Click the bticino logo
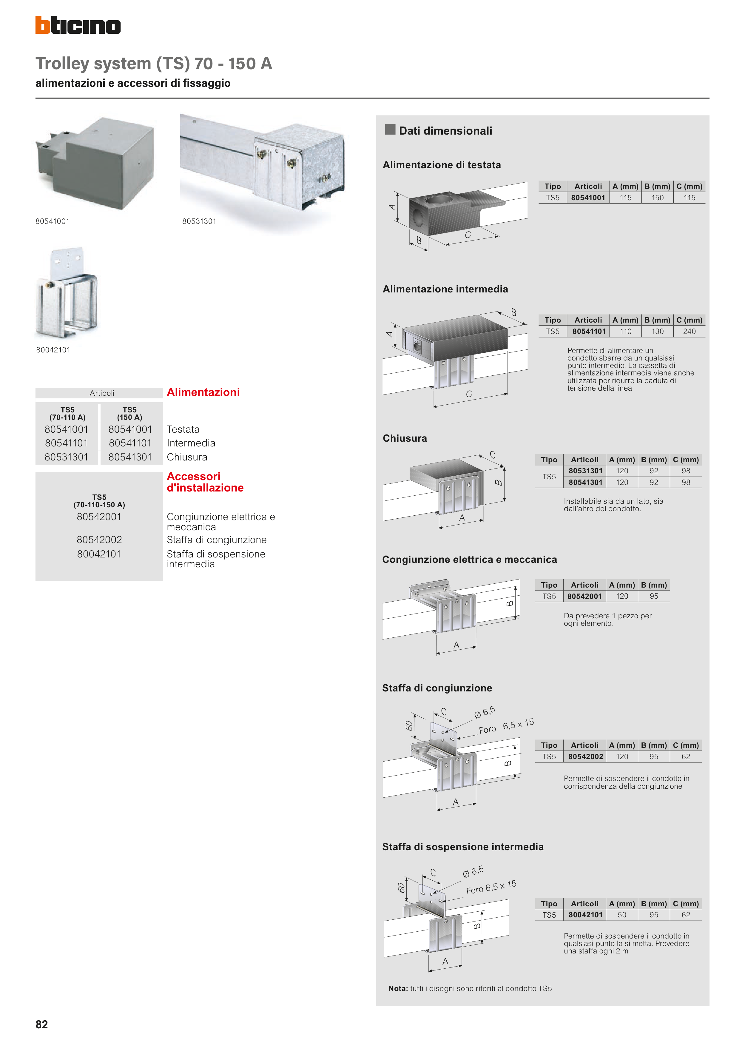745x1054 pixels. pos(78,25)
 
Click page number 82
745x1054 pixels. pos(42,1024)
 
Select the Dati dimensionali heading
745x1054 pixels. pos(445,131)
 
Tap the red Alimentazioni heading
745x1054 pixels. pos(203,392)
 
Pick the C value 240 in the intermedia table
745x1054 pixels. pos(689,332)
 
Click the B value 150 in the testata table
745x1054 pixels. pos(657,198)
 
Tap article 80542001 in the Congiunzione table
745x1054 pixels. pos(584,596)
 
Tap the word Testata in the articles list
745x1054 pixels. pos(183,429)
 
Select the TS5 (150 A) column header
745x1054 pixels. pos(129,413)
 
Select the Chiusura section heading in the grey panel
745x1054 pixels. pos(404,438)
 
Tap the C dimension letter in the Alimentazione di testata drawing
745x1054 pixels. pos(468,235)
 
